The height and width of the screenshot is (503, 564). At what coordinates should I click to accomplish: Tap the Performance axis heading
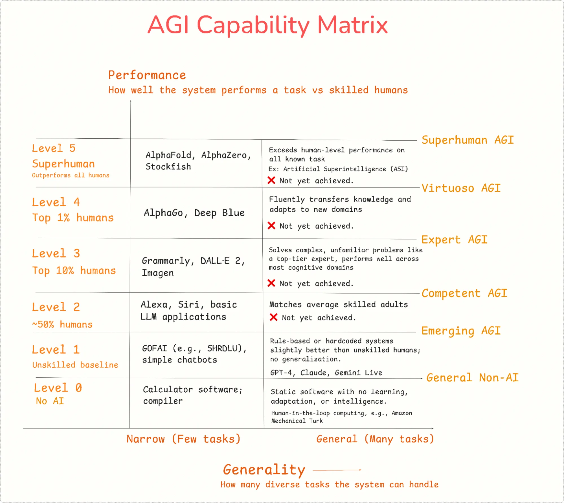(147, 75)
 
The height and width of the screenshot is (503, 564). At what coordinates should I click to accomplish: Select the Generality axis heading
(264, 470)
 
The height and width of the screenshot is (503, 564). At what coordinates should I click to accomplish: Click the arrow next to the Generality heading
(337, 470)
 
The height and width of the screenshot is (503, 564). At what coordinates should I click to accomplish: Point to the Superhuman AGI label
(468, 140)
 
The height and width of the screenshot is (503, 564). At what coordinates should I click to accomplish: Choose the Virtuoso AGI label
(461, 188)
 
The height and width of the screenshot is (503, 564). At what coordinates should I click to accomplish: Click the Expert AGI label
(454, 240)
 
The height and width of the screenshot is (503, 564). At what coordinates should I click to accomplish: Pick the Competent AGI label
(464, 293)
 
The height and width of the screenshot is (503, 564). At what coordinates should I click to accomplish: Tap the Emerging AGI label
(461, 331)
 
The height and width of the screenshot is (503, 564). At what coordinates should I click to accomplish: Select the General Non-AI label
(473, 378)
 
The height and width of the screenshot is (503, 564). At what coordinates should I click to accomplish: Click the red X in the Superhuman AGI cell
(271, 180)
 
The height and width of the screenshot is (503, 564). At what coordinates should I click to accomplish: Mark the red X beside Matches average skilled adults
(273, 317)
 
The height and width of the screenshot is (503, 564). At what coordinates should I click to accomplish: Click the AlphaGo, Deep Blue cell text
(194, 213)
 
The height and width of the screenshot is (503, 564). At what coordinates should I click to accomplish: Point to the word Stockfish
(168, 167)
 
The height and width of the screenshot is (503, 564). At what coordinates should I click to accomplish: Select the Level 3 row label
(56, 253)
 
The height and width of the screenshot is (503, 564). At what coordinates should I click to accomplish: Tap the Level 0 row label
(58, 388)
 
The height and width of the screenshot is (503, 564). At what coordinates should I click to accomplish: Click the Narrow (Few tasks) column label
(183, 439)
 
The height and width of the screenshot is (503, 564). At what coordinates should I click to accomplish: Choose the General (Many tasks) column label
(375, 439)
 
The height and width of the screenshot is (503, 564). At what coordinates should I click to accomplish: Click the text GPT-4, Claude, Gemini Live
(326, 373)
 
